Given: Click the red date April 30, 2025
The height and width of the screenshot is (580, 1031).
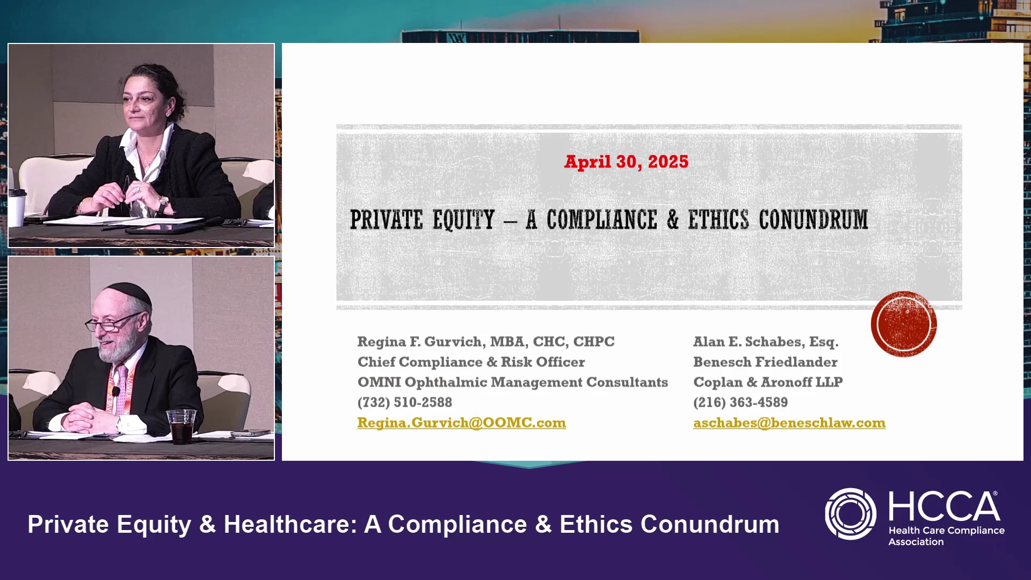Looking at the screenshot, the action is pos(626,162).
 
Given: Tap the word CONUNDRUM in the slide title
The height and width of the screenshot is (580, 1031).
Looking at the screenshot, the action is pos(813,220).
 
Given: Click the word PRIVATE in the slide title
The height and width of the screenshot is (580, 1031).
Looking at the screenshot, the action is pos(386,220).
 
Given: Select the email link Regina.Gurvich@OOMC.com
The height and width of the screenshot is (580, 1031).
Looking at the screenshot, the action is pos(461,423).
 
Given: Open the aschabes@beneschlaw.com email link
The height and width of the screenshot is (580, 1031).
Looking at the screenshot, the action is pos(789,423).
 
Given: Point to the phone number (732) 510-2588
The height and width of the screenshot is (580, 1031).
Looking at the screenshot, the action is pos(405,402).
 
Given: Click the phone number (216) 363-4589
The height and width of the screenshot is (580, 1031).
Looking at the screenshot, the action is pos(740,402).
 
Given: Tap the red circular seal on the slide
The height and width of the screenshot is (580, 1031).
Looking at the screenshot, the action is pos(904,324).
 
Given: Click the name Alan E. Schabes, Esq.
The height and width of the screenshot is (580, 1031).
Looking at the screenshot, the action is pos(766,342).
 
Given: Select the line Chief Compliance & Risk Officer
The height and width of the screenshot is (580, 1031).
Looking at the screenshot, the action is pos(471,362).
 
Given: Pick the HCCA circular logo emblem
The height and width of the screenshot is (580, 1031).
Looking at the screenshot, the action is pos(851,514).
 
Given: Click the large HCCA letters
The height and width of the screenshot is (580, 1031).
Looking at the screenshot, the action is pos(944,506).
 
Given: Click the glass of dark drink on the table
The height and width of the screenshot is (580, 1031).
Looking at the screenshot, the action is pos(181,427).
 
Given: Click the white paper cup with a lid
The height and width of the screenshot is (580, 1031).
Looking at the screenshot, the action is pos(17,207).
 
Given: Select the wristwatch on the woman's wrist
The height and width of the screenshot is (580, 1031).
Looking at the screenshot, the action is pos(163,204).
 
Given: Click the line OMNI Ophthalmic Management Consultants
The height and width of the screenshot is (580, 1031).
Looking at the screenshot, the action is pos(513,382).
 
